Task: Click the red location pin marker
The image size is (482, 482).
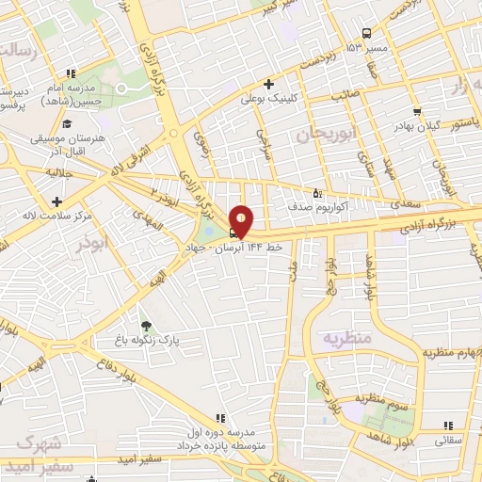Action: click(241, 221)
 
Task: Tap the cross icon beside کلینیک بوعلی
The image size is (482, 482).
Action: click(269, 84)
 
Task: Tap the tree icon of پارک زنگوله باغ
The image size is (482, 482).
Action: click(143, 326)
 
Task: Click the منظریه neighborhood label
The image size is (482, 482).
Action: click(347, 337)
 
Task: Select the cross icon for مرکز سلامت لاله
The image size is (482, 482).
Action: click(57, 201)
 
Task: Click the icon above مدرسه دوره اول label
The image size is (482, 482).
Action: click(220, 417)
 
